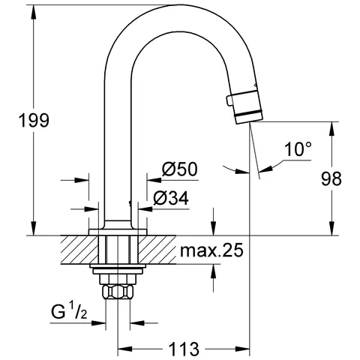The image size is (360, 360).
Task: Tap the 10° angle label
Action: [296, 149]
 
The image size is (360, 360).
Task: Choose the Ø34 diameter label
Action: [171, 199]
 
